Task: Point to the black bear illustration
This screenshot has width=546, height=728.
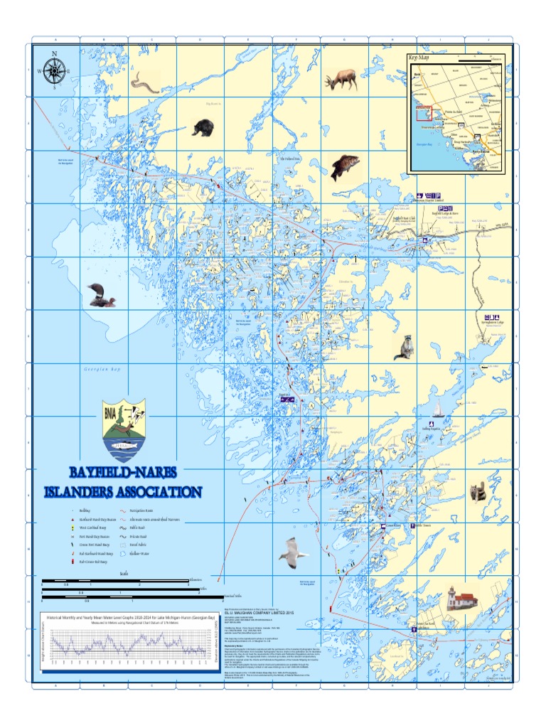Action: (x=203, y=128)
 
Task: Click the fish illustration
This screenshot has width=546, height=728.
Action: (x=345, y=167)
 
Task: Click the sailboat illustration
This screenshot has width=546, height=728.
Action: (x=439, y=409)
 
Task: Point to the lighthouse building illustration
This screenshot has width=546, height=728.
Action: (x=456, y=603)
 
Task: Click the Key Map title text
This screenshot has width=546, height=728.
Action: (x=419, y=58)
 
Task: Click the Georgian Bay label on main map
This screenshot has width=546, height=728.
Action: (x=102, y=370)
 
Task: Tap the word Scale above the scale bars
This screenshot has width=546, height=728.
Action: (x=124, y=574)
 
